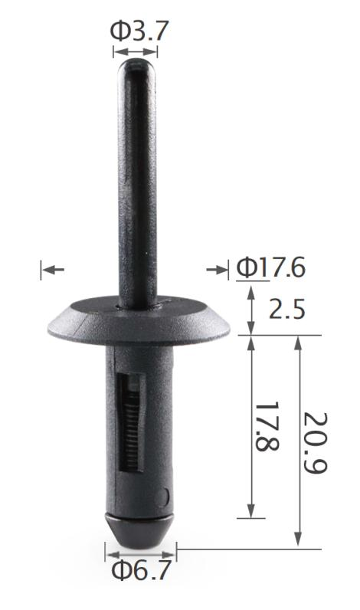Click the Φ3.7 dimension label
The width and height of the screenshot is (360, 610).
pyautogui.click(x=139, y=31)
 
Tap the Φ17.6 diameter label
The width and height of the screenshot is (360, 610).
pyautogui.click(x=271, y=267)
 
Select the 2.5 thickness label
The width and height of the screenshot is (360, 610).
pyautogui.click(x=287, y=310)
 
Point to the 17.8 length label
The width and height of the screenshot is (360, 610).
pyautogui.click(x=267, y=426)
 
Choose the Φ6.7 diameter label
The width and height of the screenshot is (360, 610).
pyautogui.click(x=141, y=570)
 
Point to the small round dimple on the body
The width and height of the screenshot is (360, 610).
pyautogui.click(x=163, y=497)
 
